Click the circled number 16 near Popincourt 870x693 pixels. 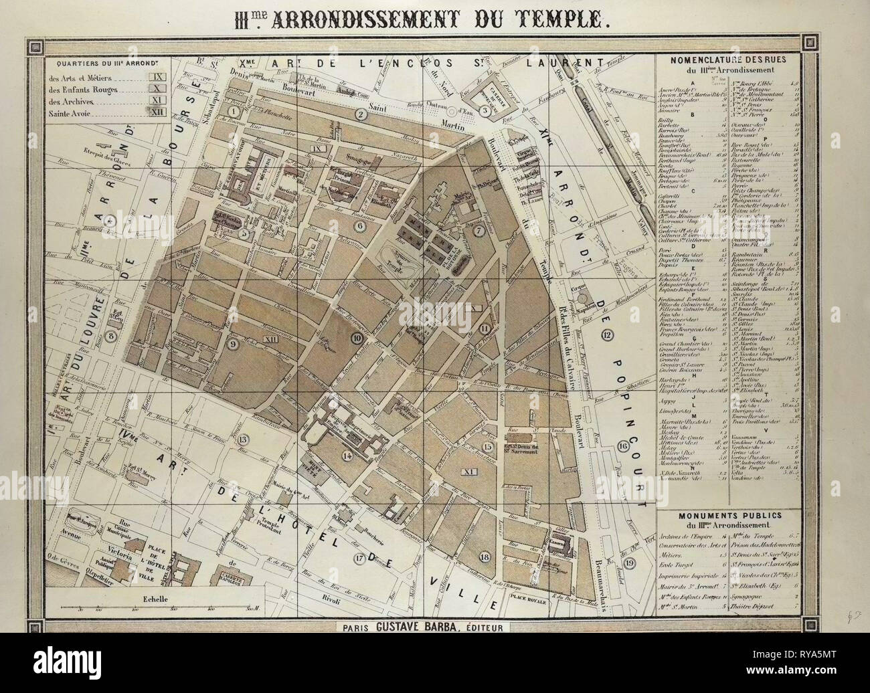point(622,446)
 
